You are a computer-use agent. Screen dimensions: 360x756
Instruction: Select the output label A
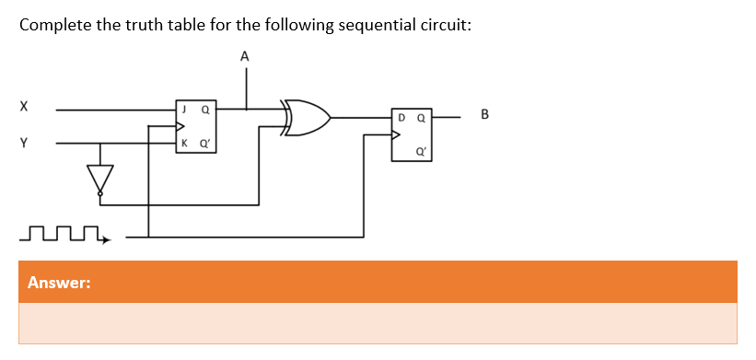(x=244, y=56)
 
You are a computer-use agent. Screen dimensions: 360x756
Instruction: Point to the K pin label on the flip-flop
(x=184, y=144)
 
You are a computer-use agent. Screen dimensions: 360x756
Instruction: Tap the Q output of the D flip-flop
(x=421, y=118)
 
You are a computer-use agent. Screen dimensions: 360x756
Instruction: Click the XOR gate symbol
(x=308, y=118)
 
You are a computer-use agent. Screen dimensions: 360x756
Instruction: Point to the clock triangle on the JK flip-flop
(x=180, y=126)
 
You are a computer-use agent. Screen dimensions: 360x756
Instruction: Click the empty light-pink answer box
(x=378, y=323)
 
